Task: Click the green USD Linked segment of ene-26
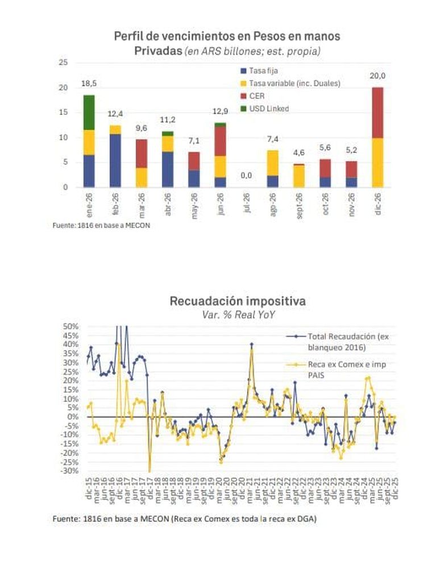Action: click(x=89, y=112)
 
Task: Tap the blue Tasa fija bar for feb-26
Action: click(x=115, y=160)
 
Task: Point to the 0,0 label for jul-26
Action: click(x=246, y=176)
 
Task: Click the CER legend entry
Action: click(x=256, y=96)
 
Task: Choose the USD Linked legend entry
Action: click(x=269, y=108)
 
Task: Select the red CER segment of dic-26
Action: click(x=377, y=113)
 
